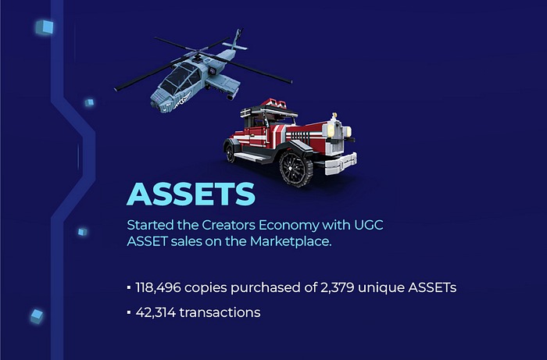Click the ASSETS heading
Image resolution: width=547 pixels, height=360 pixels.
click(191, 194)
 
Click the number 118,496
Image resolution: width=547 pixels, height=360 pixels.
click(158, 288)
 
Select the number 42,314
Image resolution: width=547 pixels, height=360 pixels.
click(156, 312)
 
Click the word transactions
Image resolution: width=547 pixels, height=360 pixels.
click(220, 312)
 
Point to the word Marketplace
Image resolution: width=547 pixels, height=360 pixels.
click(291, 241)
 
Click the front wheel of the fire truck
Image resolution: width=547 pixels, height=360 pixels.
click(295, 169)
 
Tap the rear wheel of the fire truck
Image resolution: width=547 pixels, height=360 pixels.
click(230, 152)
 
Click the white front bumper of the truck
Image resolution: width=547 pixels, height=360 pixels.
click(341, 164)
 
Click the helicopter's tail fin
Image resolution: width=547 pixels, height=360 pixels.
click(238, 39)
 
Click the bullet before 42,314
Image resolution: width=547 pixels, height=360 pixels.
click(129, 312)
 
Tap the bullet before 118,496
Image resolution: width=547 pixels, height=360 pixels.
click(129, 288)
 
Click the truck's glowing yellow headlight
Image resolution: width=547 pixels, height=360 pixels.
click(331, 130)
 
